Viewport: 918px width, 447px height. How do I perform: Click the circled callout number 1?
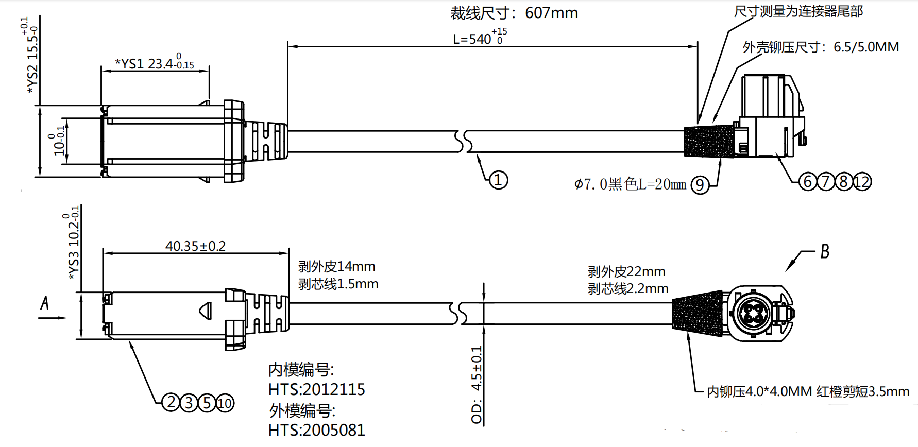[x=498, y=180]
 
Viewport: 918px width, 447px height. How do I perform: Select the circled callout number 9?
[x=700, y=184]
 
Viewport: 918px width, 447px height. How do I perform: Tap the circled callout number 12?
[x=862, y=181]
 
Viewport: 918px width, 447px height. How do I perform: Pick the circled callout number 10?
[x=225, y=403]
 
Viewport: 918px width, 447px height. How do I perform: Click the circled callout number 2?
[x=171, y=402]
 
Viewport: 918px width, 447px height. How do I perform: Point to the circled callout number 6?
[x=807, y=181]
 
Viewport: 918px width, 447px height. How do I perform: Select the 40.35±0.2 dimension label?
[x=195, y=246]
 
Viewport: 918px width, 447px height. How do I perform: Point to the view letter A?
[x=45, y=303]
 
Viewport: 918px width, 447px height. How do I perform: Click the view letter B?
[x=825, y=251]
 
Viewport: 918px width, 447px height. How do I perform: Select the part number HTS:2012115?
[x=316, y=389]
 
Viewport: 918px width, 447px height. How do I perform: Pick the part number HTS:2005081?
[x=316, y=430]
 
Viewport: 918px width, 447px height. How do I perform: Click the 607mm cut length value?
[x=551, y=13]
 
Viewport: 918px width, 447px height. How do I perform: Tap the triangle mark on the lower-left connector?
[x=206, y=311]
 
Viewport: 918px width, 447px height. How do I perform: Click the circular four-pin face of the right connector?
[x=753, y=313]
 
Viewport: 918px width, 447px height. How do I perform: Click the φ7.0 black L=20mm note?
[x=630, y=184]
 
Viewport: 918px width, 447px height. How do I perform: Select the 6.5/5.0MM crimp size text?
[x=866, y=47]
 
